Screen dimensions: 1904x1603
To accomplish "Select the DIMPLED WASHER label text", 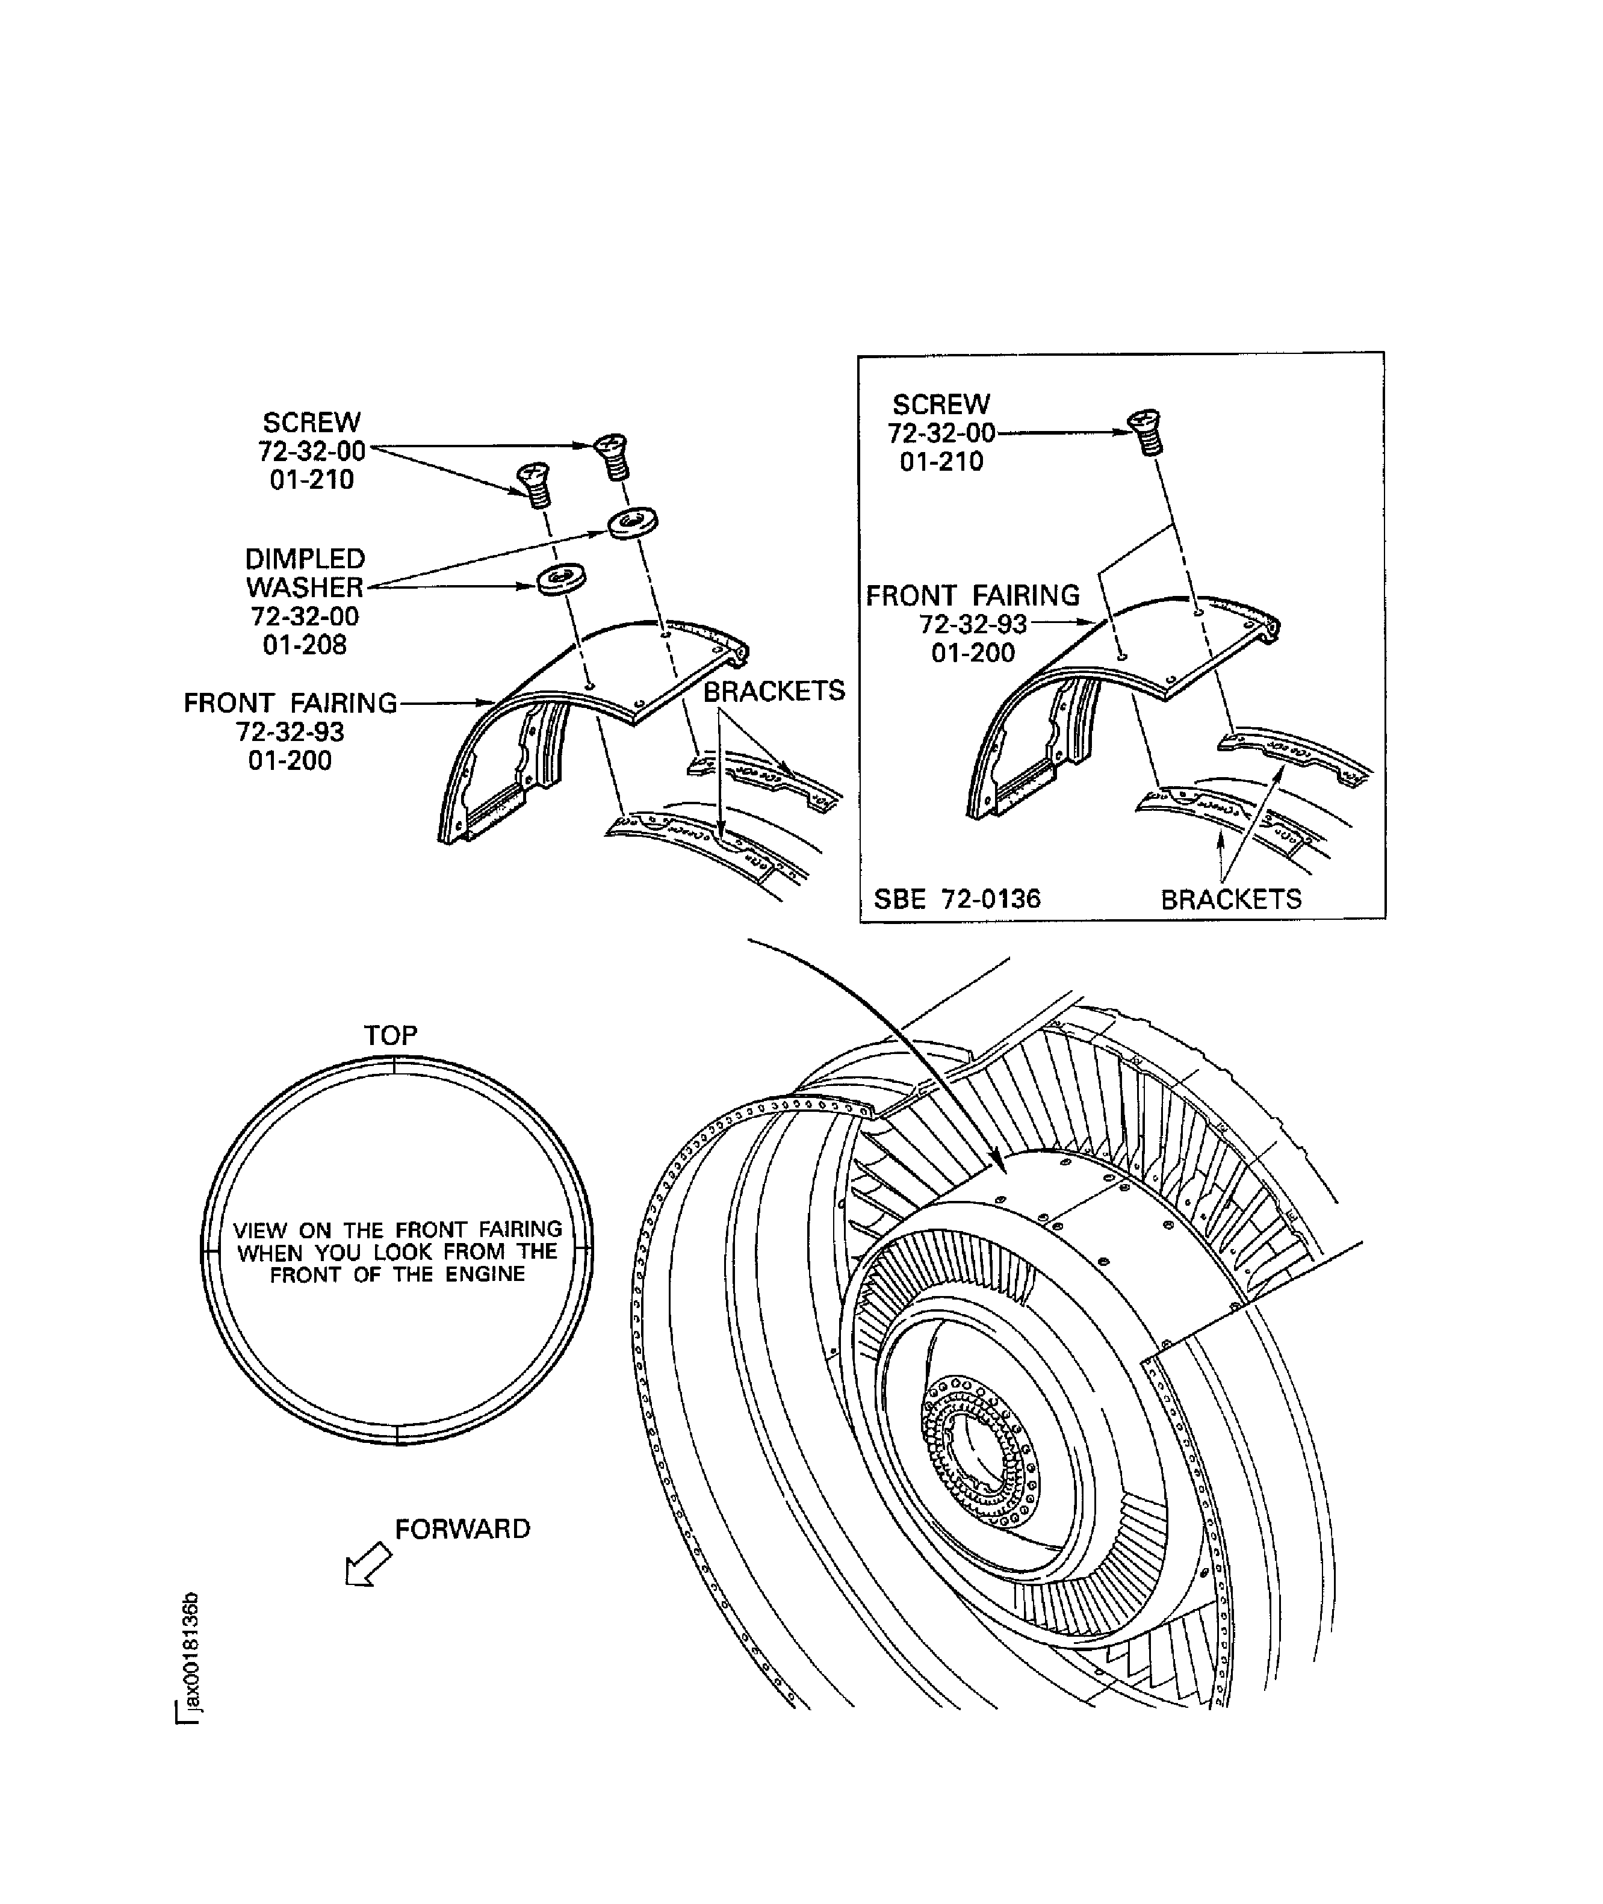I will point(305,572).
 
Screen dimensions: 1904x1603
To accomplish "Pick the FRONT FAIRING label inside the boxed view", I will point(972,595).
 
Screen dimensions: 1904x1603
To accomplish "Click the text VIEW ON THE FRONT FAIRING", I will point(397,1230).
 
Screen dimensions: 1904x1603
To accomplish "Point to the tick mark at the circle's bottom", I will point(398,1433).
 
